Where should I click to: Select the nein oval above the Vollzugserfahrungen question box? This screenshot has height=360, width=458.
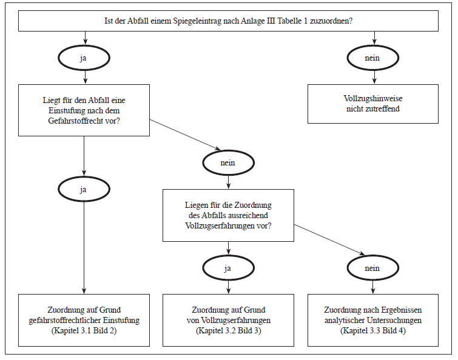[228, 162]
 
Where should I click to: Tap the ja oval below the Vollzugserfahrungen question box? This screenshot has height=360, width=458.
[228, 267]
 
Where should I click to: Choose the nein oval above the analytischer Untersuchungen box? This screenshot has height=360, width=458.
[372, 267]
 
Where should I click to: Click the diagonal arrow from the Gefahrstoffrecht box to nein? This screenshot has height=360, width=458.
[185, 134]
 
